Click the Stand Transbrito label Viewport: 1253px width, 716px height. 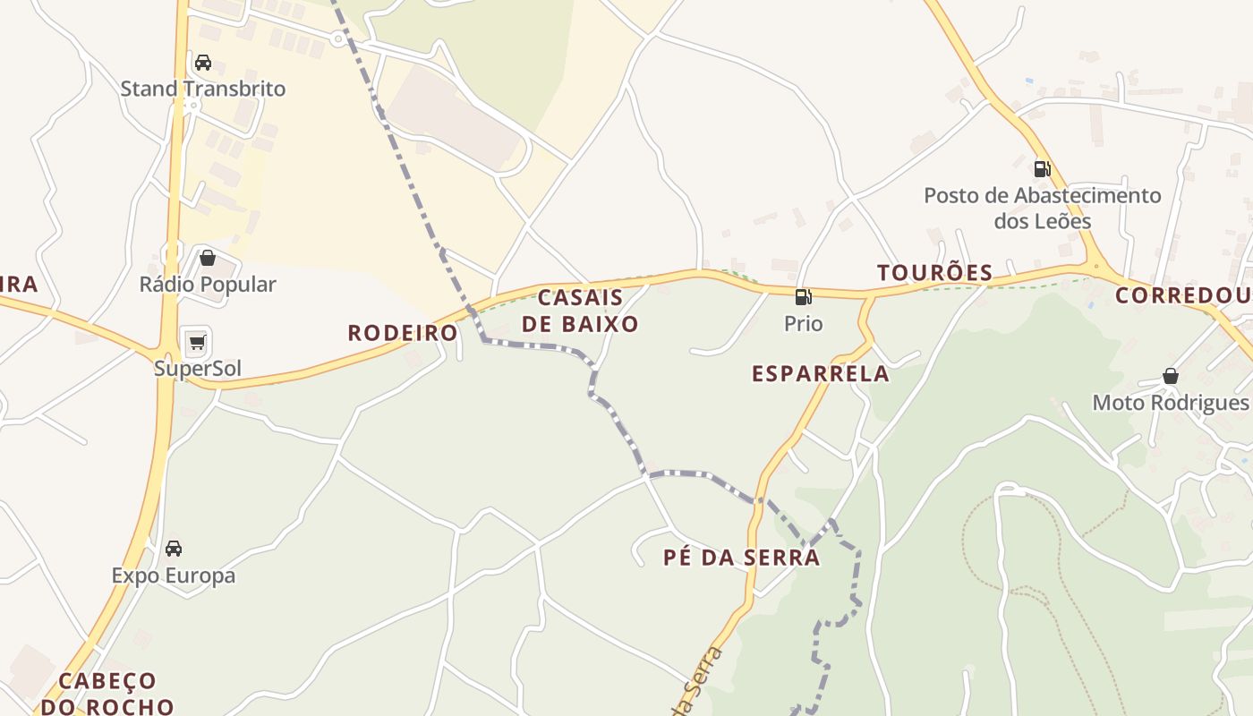point(203,89)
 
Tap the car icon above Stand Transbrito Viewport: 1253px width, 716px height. point(203,63)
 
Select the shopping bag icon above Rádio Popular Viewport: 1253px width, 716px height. point(208,259)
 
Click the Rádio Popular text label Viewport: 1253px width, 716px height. point(208,285)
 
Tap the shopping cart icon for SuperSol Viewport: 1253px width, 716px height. point(197,342)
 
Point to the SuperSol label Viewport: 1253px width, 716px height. point(198,369)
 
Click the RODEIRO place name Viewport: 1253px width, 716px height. point(403,333)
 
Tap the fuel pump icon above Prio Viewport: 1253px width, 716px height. point(803,297)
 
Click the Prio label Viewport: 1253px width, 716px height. point(803,323)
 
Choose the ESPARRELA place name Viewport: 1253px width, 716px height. point(821,374)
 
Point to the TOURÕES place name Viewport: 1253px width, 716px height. point(935,273)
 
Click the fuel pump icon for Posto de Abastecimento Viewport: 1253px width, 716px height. point(1042,168)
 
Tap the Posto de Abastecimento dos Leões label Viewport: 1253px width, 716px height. point(1043,208)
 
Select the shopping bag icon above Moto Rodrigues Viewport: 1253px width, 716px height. point(1170,376)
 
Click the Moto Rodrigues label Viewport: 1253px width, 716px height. point(1170,403)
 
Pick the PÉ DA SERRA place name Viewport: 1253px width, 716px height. point(741,558)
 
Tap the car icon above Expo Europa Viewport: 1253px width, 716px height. point(174,549)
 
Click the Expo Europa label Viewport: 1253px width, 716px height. point(174,575)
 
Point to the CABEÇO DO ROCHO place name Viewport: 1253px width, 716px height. point(107,694)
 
